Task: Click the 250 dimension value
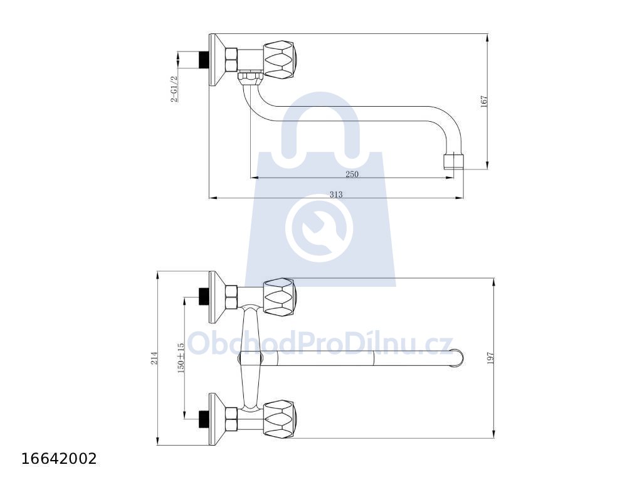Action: click(x=352, y=174)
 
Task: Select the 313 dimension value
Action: click(x=336, y=195)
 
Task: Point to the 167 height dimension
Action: click(x=485, y=102)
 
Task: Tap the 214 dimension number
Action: click(x=154, y=358)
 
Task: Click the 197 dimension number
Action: click(x=492, y=358)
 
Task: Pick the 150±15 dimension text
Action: click(x=181, y=357)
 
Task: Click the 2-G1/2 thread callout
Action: click(x=174, y=89)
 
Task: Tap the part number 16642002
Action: click(x=59, y=459)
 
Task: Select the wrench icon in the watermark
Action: click(x=319, y=228)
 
